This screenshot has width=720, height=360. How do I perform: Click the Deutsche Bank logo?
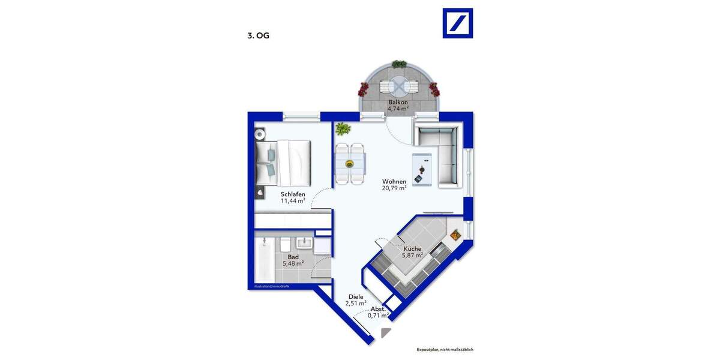[x=457, y=23]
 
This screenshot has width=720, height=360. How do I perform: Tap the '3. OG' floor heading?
[x=258, y=35]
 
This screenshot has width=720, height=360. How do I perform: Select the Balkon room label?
[x=397, y=102]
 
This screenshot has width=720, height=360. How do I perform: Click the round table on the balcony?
[x=398, y=88]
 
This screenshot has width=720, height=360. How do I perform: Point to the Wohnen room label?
[x=394, y=181]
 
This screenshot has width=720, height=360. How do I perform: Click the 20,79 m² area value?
[x=394, y=188]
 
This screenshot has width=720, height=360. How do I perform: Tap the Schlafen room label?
[x=293, y=194]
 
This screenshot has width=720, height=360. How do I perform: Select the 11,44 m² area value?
[x=293, y=201]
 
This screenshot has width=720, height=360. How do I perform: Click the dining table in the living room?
[x=350, y=162]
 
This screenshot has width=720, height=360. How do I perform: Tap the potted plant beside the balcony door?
[x=343, y=128]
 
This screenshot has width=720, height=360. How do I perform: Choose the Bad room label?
[x=293, y=257]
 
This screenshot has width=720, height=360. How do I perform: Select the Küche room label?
[x=412, y=248]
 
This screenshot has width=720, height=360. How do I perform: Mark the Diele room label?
[x=356, y=296]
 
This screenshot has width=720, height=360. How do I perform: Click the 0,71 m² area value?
[x=379, y=315]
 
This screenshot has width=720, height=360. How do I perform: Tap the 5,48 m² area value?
[x=293, y=263]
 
